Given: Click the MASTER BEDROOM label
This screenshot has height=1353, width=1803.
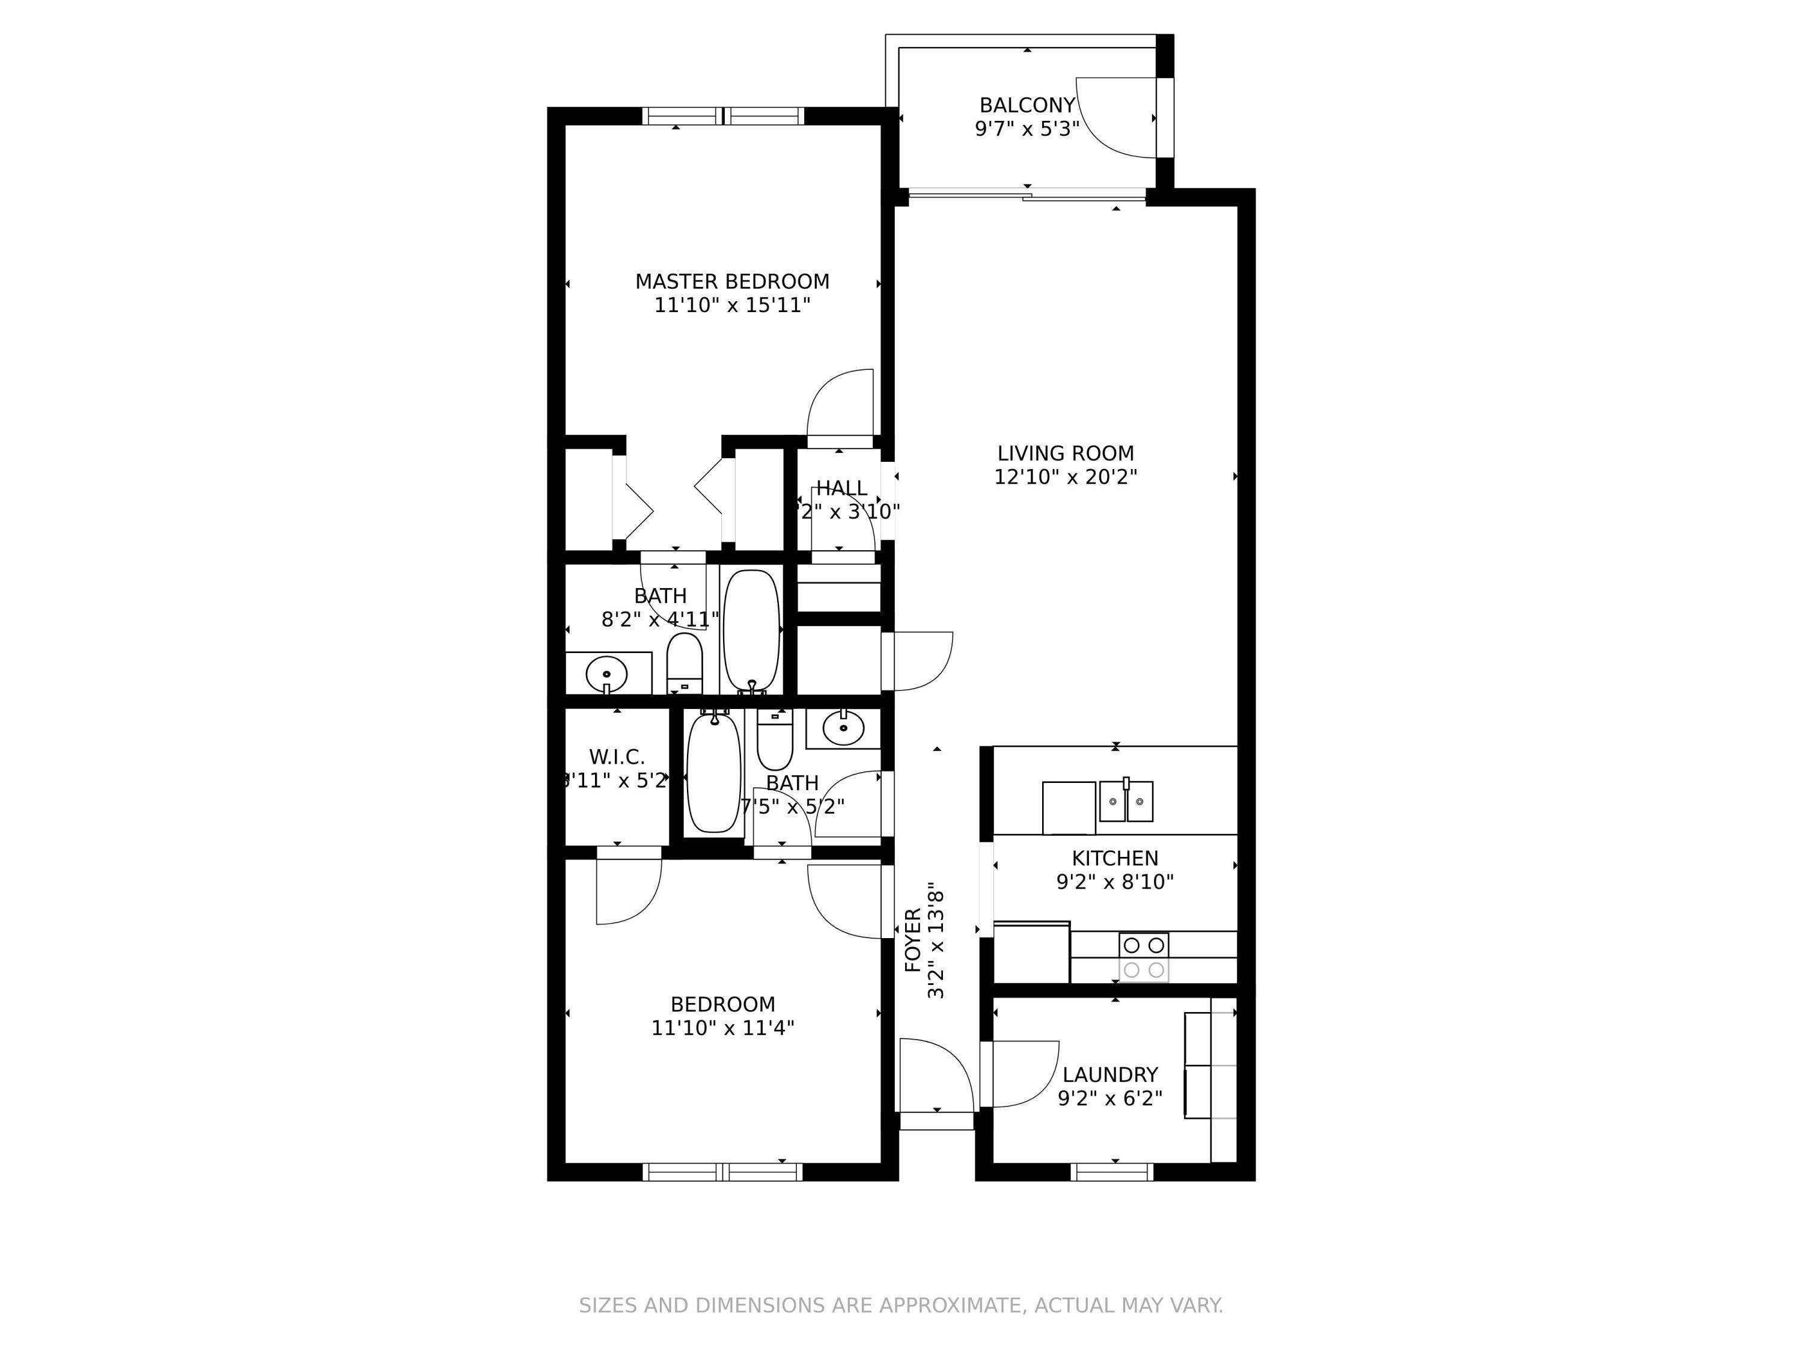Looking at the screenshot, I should [732, 282].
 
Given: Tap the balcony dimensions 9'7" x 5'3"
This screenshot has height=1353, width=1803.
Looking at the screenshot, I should [1027, 129].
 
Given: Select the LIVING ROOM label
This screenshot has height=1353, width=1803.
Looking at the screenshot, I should [1066, 453].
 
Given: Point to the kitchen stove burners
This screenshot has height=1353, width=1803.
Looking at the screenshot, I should [1144, 957].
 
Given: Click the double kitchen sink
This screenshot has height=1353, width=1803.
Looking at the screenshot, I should [1126, 802].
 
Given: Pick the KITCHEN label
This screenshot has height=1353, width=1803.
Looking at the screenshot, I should [1114, 858].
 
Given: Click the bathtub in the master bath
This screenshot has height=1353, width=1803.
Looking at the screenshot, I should [751, 630].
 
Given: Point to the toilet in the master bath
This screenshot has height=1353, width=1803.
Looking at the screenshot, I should [685, 661].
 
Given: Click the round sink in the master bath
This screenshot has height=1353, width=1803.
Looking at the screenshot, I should [606, 673].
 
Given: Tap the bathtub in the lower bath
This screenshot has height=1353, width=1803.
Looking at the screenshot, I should [714, 772].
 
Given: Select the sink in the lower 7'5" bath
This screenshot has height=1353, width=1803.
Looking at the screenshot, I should [843, 728].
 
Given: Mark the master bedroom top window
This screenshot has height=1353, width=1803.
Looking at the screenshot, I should [723, 116].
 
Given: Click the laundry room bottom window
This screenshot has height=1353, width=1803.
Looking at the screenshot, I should [1112, 1172].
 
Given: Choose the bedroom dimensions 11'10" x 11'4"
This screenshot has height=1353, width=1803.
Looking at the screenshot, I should [722, 1028].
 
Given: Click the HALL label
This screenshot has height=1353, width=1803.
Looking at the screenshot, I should [841, 488].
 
